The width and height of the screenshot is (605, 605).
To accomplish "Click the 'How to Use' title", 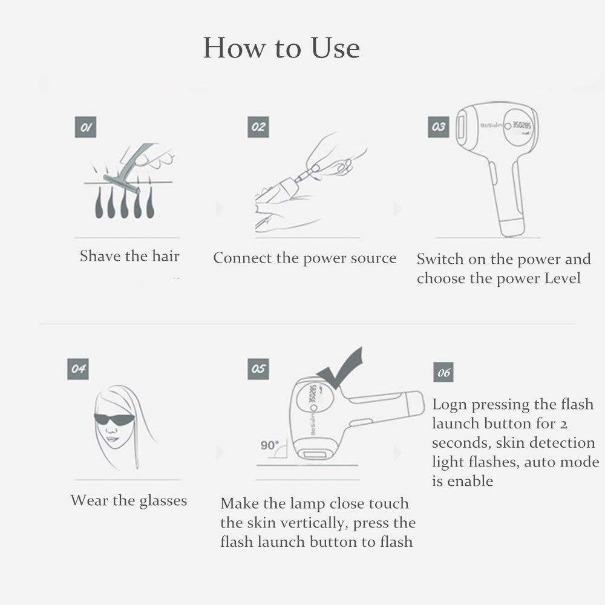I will tap(281, 48).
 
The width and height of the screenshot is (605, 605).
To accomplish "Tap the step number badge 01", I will tap(86, 127).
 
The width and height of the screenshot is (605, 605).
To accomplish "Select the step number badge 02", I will tap(258, 127).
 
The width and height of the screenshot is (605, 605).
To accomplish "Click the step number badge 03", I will tap(439, 127).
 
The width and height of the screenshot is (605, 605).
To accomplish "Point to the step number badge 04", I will tap(77, 369).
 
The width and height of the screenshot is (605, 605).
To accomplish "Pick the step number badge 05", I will tap(258, 369).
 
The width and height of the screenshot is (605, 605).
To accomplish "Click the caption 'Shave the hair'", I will tap(129, 256).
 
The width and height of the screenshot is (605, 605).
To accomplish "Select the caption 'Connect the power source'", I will tap(304, 258).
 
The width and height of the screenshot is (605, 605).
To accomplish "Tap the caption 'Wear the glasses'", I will tap(128, 501).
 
